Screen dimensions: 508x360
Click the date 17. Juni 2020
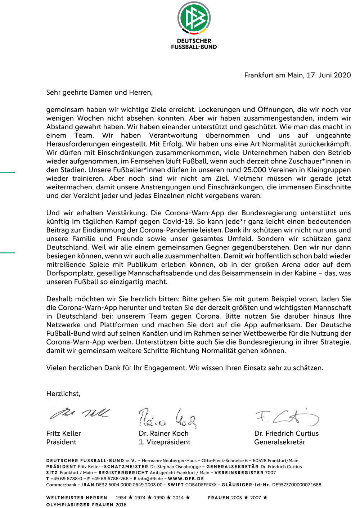[x=328, y=75]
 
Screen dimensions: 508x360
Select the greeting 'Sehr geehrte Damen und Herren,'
[x=99, y=93]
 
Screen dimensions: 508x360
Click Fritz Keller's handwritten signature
[x=79, y=414]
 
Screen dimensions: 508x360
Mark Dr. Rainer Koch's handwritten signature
[x=167, y=418]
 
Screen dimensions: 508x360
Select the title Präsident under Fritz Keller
[x=62, y=442]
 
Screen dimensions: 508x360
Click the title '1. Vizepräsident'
[x=165, y=442]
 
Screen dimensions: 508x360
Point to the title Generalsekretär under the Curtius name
[x=280, y=442]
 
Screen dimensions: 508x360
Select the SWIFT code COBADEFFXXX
[x=201, y=485]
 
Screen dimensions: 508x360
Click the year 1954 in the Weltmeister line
[x=121, y=498]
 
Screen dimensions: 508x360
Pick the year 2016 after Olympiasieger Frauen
[x=121, y=505]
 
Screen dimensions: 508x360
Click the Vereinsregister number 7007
[x=270, y=473]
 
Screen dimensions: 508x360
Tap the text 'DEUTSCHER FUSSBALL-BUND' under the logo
[x=194, y=44]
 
